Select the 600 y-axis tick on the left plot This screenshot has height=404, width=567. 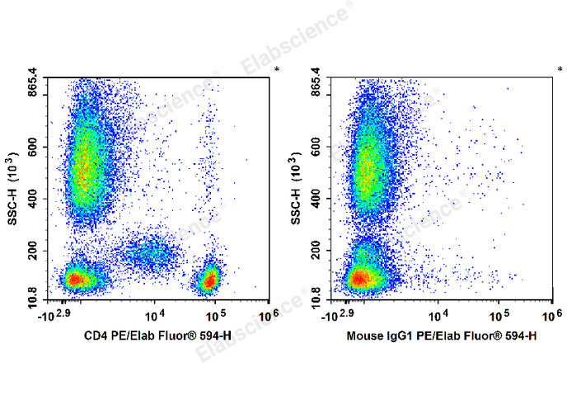tap(36, 147)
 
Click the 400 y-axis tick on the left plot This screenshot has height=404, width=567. tap(36, 199)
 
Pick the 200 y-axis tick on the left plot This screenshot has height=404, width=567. tap(36, 251)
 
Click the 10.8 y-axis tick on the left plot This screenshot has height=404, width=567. tap(34, 301)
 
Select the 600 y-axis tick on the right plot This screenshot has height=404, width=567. tap(320, 147)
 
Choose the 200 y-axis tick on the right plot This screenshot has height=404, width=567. tap(320, 251)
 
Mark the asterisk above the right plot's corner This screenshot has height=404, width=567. tap(560, 70)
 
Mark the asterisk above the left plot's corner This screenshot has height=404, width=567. tap(277, 70)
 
